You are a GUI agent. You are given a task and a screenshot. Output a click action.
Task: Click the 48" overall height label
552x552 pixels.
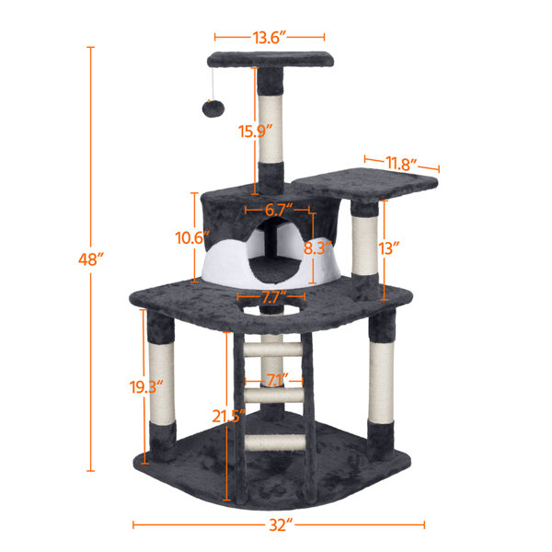tap(88, 260)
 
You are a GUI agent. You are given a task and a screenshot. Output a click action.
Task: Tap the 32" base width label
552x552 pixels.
tap(282, 525)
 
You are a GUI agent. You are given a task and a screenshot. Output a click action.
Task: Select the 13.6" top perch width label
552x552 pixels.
tap(270, 38)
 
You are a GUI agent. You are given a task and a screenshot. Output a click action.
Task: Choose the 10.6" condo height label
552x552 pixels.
tap(188, 237)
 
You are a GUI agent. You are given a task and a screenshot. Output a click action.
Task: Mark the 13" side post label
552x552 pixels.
tap(390, 248)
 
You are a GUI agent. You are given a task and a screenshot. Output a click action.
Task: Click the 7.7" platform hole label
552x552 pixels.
tap(269, 297)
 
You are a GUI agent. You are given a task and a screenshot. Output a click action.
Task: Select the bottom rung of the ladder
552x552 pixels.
tap(273, 443)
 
